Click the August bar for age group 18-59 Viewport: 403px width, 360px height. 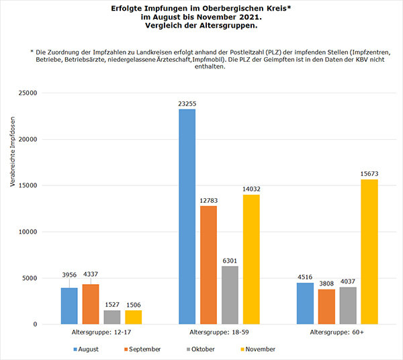187,216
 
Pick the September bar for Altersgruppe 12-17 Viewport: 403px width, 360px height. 91,304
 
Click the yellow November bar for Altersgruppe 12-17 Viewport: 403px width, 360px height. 134,317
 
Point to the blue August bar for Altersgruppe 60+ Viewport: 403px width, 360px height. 305,304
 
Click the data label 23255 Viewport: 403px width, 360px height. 187,103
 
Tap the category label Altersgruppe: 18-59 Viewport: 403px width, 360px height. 219,332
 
